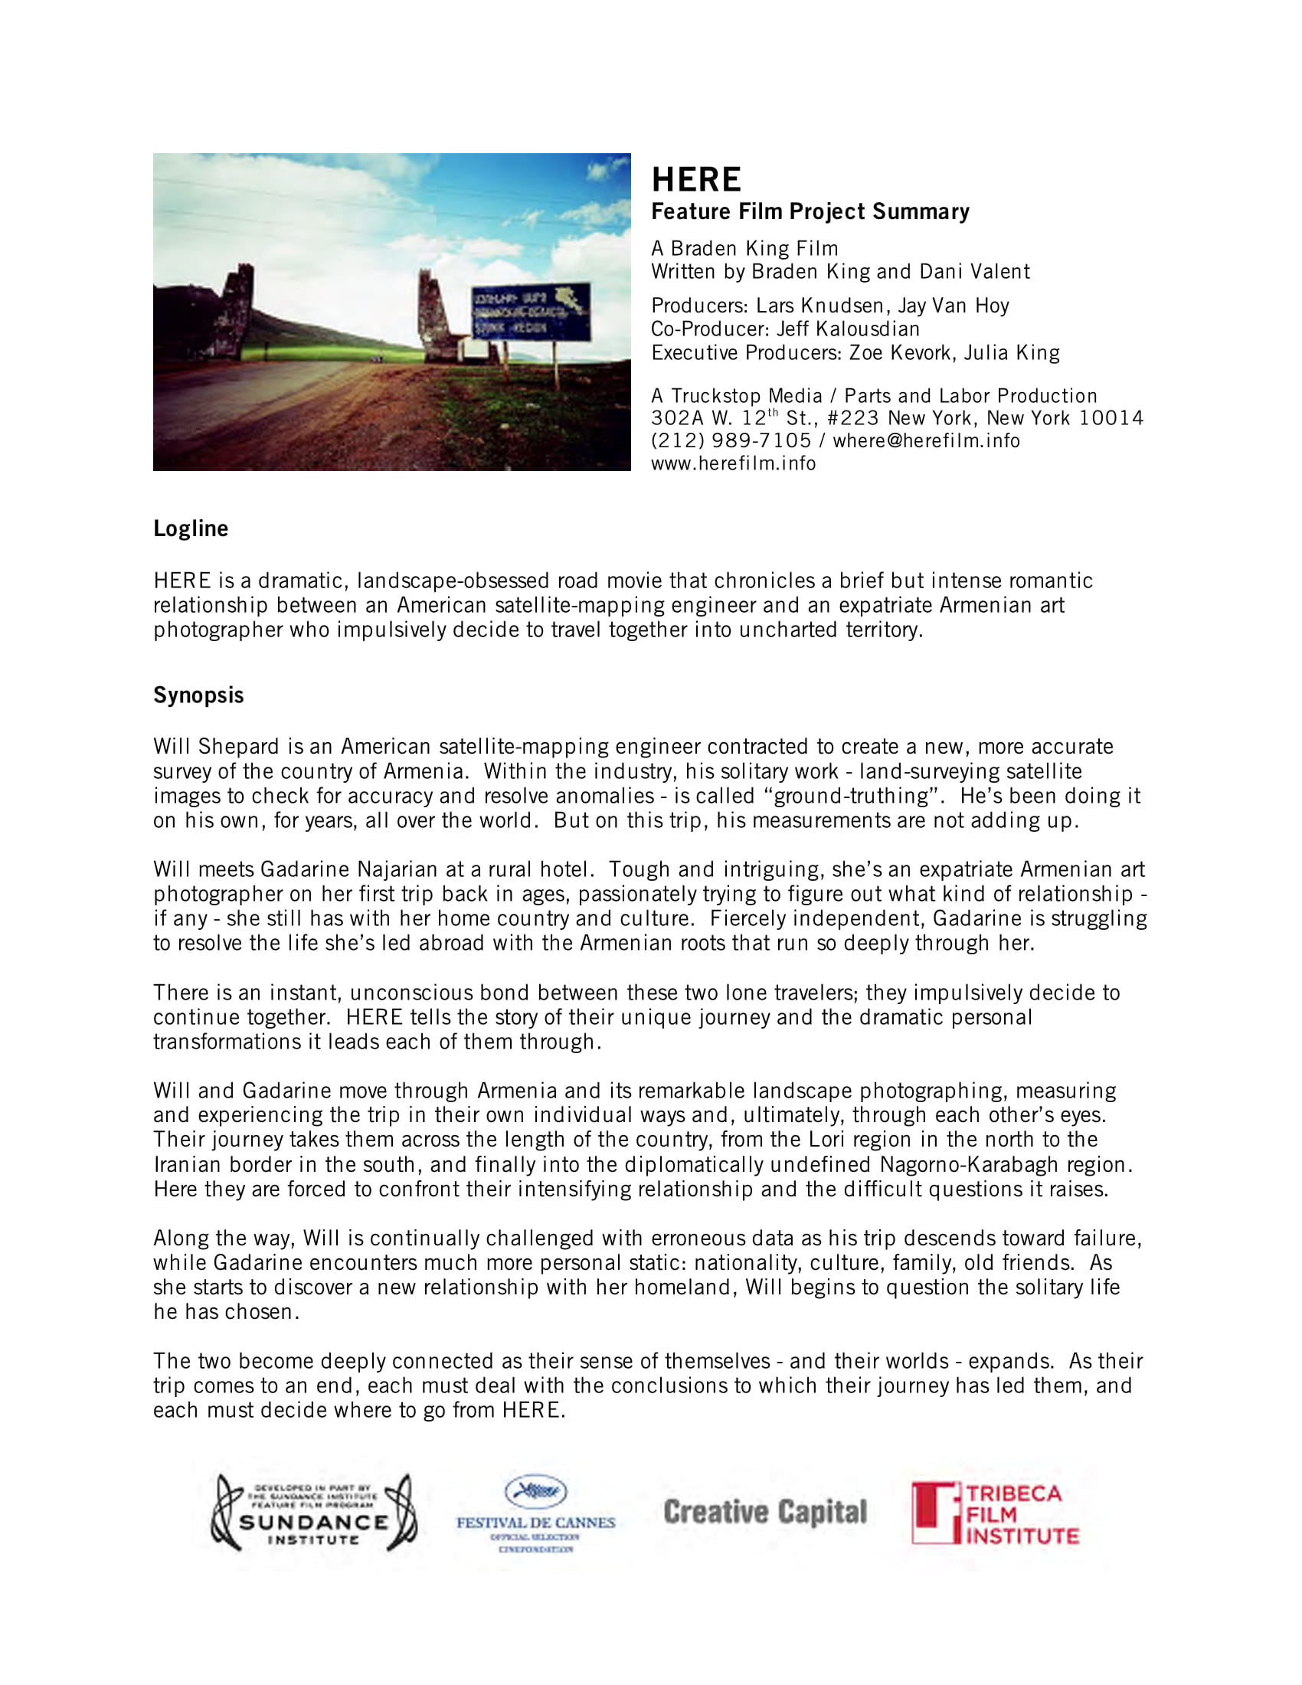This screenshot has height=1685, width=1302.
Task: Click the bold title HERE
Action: tap(695, 180)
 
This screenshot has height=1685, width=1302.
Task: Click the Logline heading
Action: tap(191, 528)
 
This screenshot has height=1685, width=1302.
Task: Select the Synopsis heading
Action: tap(198, 695)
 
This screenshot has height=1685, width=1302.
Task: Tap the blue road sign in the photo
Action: tap(531, 312)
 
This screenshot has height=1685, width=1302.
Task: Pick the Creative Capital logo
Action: tap(765, 1512)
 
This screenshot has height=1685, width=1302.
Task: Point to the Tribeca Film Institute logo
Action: tap(995, 1513)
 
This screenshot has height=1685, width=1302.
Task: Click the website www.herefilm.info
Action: tap(733, 463)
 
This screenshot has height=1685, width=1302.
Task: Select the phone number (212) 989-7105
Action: tap(731, 440)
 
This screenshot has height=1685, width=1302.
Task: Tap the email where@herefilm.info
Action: tap(926, 440)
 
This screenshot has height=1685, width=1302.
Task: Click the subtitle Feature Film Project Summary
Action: tap(810, 212)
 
